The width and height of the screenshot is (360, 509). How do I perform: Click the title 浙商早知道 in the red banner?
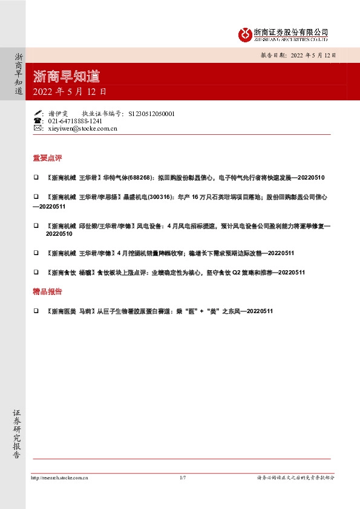click(x=67, y=76)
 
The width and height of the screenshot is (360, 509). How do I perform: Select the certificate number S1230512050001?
click(x=152, y=113)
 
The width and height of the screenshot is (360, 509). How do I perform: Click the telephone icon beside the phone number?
click(x=38, y=121)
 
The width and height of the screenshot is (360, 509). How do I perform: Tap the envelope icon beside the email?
click(x=38, y=128)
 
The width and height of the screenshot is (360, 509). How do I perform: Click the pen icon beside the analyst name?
click(x=38, y=113)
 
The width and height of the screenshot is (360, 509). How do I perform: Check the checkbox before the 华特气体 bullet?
click(x=36, y=178)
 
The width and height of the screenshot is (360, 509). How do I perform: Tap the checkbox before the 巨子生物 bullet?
click(x=36, y=311)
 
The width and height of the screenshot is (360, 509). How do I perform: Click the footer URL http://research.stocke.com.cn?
click(x=59, y=478)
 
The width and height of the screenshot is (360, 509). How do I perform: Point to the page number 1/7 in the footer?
click(x=183, y=478)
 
